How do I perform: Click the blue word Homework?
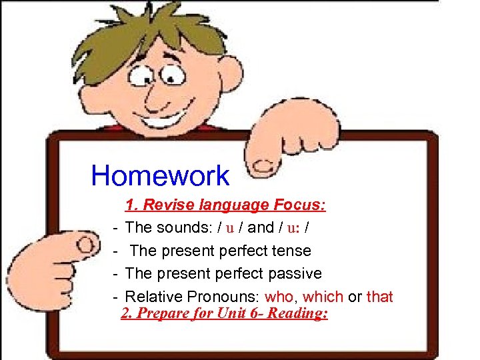pos(160,176)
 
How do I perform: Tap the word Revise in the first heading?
pos(165,205)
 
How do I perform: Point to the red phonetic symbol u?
pos(293,228)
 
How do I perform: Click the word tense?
pos(291,251)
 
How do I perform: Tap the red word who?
pos(279,297)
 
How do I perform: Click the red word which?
pos(323,297)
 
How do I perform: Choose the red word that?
pos(379,297)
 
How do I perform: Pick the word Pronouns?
pos(229,297)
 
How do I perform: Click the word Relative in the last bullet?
pos(150,297)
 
